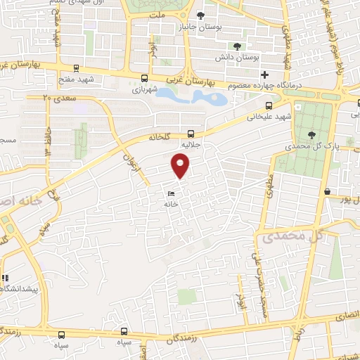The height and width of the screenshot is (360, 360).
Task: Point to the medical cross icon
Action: [265, 75]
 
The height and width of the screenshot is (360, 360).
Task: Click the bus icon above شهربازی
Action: [144, 79]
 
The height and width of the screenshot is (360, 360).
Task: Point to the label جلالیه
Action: [192, 144]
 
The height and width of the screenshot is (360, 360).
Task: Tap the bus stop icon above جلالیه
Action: [192, 133]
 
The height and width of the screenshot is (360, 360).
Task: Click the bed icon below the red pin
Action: [172, 194]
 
